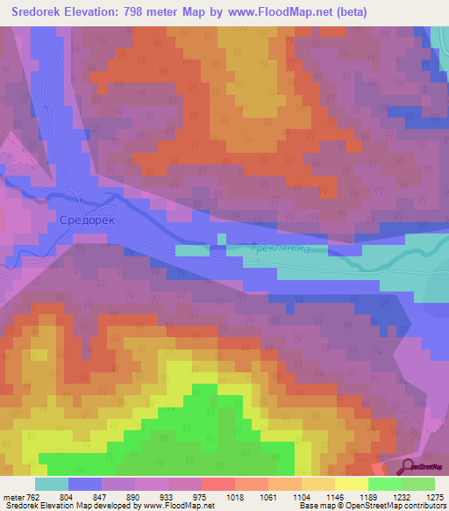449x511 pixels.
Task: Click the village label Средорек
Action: point(87,219)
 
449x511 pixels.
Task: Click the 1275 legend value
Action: point(435,496)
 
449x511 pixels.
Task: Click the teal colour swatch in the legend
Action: point(51,484)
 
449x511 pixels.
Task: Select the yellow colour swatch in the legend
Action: point(351,484)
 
